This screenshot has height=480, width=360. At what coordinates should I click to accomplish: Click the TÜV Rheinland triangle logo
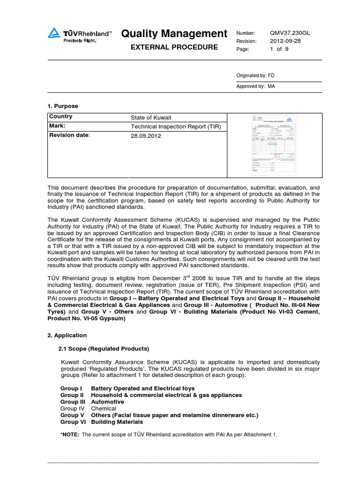coord(54,33)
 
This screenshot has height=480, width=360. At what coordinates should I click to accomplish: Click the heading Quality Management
coord(174,34)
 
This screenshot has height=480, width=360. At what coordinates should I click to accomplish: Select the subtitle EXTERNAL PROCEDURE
coord(174,47)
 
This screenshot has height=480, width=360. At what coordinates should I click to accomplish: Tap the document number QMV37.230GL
coord(290,33)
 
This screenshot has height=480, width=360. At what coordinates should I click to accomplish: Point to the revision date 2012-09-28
coord(285,41)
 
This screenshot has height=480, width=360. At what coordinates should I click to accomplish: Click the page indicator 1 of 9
coord(279,49)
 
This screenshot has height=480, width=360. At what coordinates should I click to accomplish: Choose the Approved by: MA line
coord(256,87)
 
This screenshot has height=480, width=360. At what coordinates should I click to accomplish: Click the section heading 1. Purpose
coord(63,106)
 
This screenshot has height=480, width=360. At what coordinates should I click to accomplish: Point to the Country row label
coord(60,117)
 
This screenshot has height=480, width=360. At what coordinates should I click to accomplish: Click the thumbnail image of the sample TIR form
coord(274,145)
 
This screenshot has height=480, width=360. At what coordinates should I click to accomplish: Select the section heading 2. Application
coord(67,336)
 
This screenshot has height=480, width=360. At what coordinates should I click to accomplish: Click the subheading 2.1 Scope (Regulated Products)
coord(104,349)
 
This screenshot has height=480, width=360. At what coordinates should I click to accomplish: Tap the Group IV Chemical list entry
coord(88,409)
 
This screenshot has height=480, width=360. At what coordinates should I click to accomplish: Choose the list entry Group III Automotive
coord(92,402)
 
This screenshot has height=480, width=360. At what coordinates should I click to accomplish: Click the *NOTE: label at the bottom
coord(70,435)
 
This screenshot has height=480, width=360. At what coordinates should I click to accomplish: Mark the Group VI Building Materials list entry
coord(101,422)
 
